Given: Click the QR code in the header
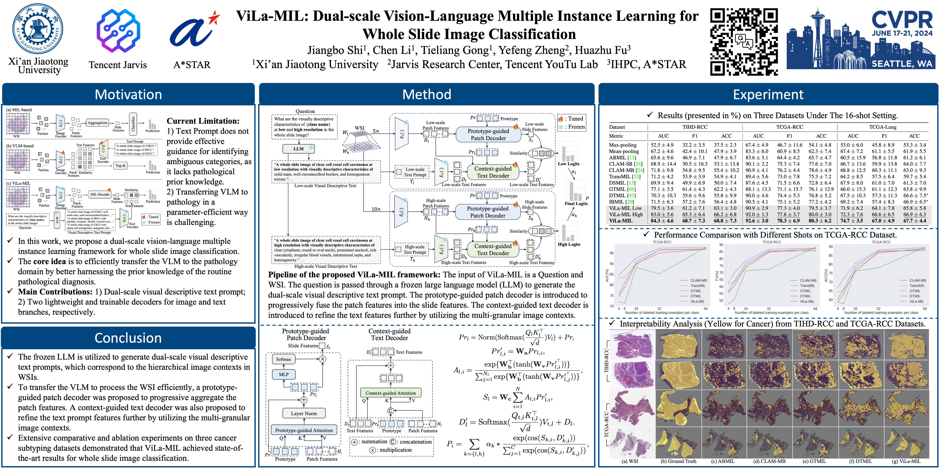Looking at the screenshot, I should tap(744, 42).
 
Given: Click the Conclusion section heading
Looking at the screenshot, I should tap(128, 338).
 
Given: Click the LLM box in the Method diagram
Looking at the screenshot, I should tap(298, 149).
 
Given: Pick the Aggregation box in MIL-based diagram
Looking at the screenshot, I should tap(98, 123).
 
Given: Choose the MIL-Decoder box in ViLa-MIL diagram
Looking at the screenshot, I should tap(100, 194).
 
